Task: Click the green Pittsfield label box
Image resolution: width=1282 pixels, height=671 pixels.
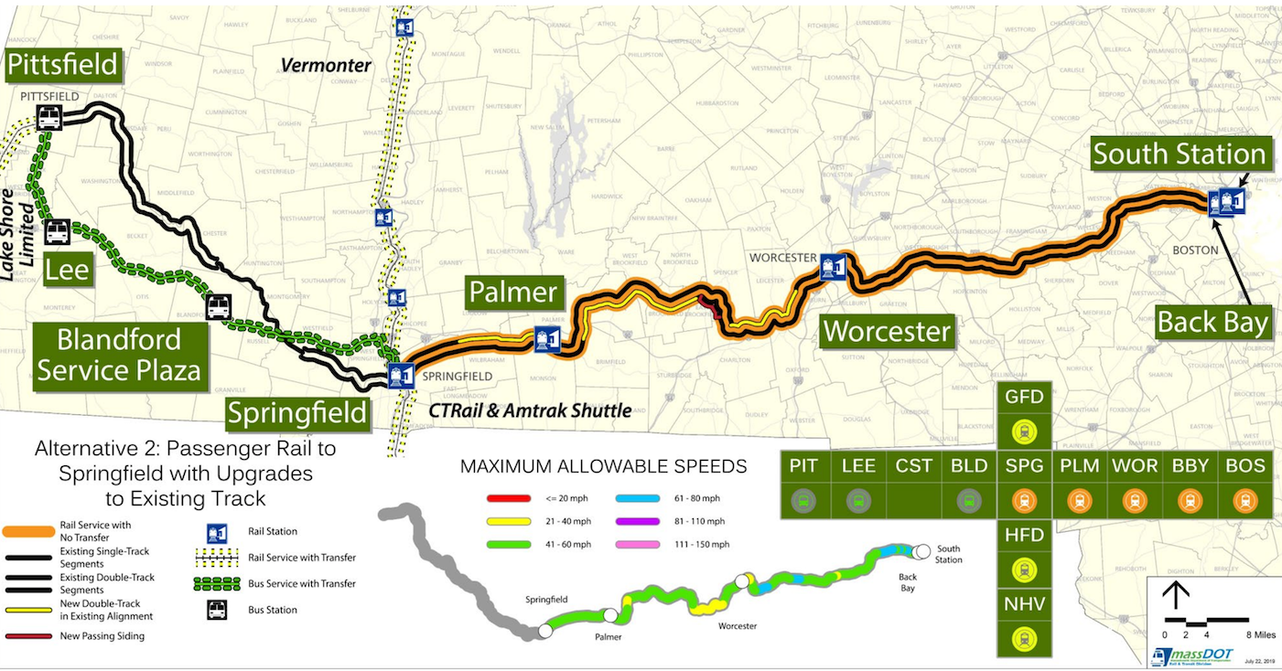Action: click(63, 64)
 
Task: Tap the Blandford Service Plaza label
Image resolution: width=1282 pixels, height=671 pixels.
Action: click(119, 355)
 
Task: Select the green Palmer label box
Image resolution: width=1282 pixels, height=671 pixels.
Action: click(512, 293)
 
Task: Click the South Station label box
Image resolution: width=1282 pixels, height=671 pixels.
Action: click(1180, 154)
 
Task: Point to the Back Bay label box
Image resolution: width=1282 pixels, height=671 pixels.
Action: click(1212, 322)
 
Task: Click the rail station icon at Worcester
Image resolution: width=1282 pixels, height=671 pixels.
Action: click(832, 266)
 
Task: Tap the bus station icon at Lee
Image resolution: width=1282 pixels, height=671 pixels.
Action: click(57, 232)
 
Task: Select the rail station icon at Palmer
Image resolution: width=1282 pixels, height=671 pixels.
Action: click(547, 339)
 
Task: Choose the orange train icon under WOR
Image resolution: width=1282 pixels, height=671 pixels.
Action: click(1135, 501)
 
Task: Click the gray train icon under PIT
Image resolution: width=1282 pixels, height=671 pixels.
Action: click(803, 501)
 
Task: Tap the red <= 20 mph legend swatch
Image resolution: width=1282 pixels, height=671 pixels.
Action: click(504, 498)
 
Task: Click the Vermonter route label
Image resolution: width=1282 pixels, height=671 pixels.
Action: click(326, 65)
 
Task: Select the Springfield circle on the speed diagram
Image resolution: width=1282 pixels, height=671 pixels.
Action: click(544, 630)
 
